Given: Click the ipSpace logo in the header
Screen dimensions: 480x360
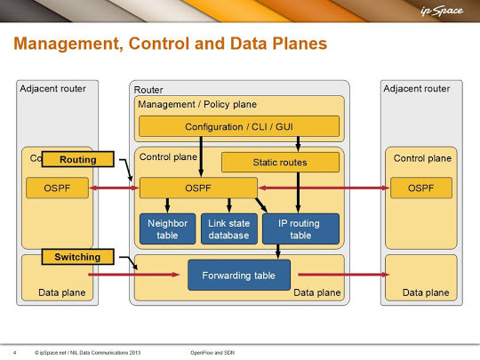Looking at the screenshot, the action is (442, 11).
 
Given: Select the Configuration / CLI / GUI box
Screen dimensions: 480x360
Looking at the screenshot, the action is (239, 126).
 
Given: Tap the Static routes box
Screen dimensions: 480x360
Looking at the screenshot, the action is (280, 163).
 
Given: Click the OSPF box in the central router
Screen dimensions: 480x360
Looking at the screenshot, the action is (198, 188).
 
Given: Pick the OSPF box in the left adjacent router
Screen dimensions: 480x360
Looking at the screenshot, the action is (57, 188).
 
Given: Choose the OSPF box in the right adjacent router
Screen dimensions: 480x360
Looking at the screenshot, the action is (421, 188).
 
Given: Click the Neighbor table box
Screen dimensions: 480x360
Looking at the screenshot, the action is (167, 229).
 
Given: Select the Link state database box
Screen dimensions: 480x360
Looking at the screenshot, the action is (229, 229).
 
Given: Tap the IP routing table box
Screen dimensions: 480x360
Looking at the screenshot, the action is (300, 229).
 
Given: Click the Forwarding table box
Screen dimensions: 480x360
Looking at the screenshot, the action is (239, 275).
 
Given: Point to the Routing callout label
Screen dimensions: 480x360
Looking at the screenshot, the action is (77, 159).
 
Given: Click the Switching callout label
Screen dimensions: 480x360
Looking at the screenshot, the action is (77, 257).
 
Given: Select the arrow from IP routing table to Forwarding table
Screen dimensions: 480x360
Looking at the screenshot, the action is (278, 252).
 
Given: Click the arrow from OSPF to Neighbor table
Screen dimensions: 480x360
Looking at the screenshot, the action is (167, 205).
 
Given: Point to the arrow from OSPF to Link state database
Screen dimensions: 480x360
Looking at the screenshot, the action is (229, 205).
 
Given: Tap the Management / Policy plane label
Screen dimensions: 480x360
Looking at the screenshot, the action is (197, 104).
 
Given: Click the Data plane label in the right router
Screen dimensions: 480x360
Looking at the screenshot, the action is (426, 292).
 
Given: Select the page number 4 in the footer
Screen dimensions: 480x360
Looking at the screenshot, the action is (15, 353).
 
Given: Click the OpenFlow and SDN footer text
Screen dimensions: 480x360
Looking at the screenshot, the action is (212, 353).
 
